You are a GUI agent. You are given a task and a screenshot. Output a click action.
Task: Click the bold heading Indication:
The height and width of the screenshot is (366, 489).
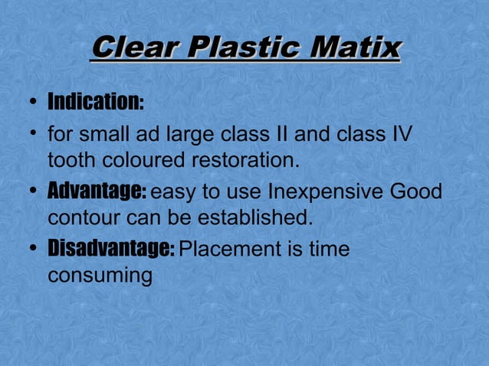[x=95, y=103]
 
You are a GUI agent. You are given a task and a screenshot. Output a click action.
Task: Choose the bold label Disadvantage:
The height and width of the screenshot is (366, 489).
[x=111, y=248]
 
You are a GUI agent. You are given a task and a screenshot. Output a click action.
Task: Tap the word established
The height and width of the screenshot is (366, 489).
[x=255, y=217]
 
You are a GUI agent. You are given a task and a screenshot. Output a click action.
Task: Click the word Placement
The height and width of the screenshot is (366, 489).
[x=231, y=249]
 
